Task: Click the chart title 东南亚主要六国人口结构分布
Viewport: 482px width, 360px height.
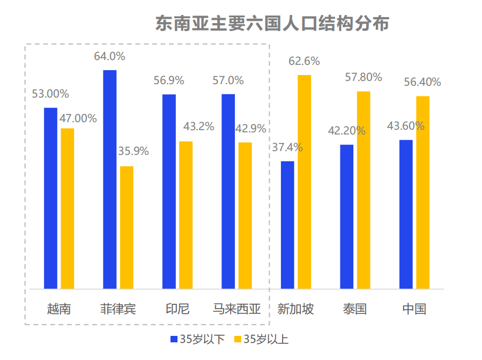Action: pos(272,24)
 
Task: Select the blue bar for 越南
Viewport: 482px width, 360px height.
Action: pos(50,198)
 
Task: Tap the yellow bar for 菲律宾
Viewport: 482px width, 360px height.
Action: pos(127,228)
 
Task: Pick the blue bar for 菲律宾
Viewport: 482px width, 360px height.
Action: pos(110,179)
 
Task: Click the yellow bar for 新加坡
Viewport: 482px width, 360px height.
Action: pos(305,182)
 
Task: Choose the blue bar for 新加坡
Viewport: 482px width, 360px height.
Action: pos(288,225)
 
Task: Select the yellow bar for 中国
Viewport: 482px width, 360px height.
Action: pos(423,193)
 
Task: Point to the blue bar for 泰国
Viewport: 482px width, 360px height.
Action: pos(347,217)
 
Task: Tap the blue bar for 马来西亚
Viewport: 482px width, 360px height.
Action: pos(228,191)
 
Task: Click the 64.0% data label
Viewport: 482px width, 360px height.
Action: pos(109,56)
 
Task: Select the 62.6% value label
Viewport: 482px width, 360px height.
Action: pos(304,61)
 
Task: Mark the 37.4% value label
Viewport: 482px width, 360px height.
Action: pos(287,147)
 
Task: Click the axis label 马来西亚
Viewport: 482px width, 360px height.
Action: pos(236,309)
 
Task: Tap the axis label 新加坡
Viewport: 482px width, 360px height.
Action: pos(295,309)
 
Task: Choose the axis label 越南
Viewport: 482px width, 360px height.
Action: pos(58,309)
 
